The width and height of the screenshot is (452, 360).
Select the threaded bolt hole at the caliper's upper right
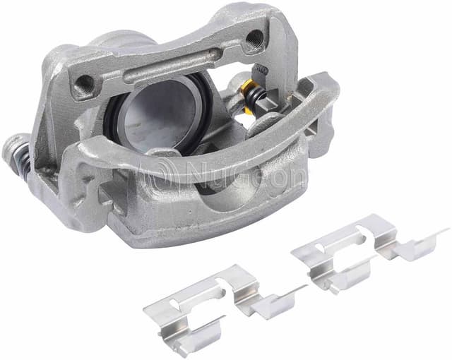pyautogui.click(x=254, y=37)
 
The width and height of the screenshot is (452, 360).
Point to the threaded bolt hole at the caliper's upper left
pyautogui.click(x=83, y=83)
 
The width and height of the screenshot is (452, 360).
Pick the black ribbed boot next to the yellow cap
pyautogui.click(x=256, y=95)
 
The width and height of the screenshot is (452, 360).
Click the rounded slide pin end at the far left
pyautogui.click(x=9, y=150)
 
